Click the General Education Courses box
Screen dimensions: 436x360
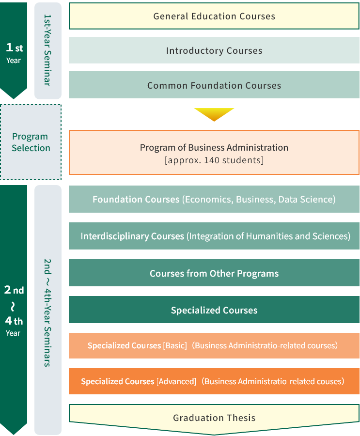[x=214, y=16]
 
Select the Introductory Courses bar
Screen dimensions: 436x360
[x=214, y=50]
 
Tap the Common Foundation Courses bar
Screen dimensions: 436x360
[x=214, y=85]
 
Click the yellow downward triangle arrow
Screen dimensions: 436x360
[x=214, y=114]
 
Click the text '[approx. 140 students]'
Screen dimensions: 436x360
[x=214, y=160]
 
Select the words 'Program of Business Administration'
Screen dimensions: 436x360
[x=214, y=147]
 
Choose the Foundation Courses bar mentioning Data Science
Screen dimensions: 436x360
[x=214, y=199]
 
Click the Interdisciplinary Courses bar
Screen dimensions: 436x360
[x=214, y=236]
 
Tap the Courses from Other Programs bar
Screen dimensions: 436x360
[x=214, y=273]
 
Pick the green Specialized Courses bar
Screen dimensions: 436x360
[x=214, y=310]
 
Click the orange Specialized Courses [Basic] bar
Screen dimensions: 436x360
[x=214, y=345]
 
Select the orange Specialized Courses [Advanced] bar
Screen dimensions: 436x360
[x=214, y=381]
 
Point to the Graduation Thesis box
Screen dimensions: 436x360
[x=214, y=418]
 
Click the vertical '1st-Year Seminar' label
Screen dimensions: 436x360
[x=47, y=50]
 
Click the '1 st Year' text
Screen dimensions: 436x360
[x=14, y=52]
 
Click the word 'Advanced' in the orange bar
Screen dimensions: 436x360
[x=176, y=381]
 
